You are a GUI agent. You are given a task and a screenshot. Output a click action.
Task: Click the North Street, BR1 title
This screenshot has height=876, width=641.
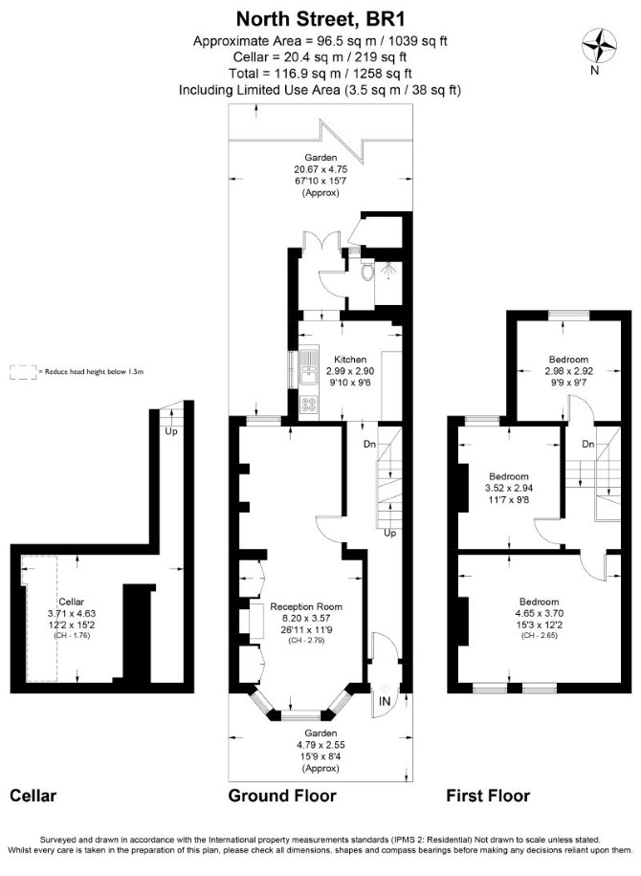point(320,19)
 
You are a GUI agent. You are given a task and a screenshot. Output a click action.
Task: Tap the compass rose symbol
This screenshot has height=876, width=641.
point(599,46)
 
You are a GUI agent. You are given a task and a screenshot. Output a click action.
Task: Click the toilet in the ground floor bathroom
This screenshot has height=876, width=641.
point(367,272)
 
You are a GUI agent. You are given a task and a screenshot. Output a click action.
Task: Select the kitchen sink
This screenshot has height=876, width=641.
point(307,367)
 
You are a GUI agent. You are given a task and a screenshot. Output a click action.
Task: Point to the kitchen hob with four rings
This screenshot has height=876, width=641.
point(308,405)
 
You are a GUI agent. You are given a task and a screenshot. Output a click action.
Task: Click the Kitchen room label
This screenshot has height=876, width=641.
point(350,360)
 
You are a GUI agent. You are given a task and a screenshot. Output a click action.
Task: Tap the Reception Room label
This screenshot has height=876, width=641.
point(306,606)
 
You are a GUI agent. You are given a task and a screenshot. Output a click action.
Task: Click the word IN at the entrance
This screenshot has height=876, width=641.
point(385,701)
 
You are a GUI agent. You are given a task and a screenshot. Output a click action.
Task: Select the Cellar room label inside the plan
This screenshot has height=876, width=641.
point(72,602)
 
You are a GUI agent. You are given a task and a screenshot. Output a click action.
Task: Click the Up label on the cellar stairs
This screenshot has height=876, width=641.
point(171,431)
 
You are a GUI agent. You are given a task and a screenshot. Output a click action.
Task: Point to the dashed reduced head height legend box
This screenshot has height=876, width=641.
point(22,373)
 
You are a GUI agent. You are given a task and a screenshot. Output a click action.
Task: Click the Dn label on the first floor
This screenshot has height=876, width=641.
point(588,444)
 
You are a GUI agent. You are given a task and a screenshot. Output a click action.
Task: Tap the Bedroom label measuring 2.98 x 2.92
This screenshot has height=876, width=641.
point(568,360)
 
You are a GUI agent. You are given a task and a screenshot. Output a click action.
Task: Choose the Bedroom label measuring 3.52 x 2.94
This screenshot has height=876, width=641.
point(509,476)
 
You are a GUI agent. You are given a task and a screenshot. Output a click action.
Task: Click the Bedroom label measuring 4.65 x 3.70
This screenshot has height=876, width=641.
point(540,602)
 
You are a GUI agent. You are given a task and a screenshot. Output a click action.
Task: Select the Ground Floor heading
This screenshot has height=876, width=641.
point(282,796)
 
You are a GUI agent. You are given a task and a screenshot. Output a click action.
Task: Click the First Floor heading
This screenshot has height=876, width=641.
point(488,796)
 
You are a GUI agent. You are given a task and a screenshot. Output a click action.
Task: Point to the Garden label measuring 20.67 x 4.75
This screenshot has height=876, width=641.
point(320,158)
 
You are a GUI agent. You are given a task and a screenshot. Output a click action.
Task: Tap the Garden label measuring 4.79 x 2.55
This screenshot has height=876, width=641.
point(320,733)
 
